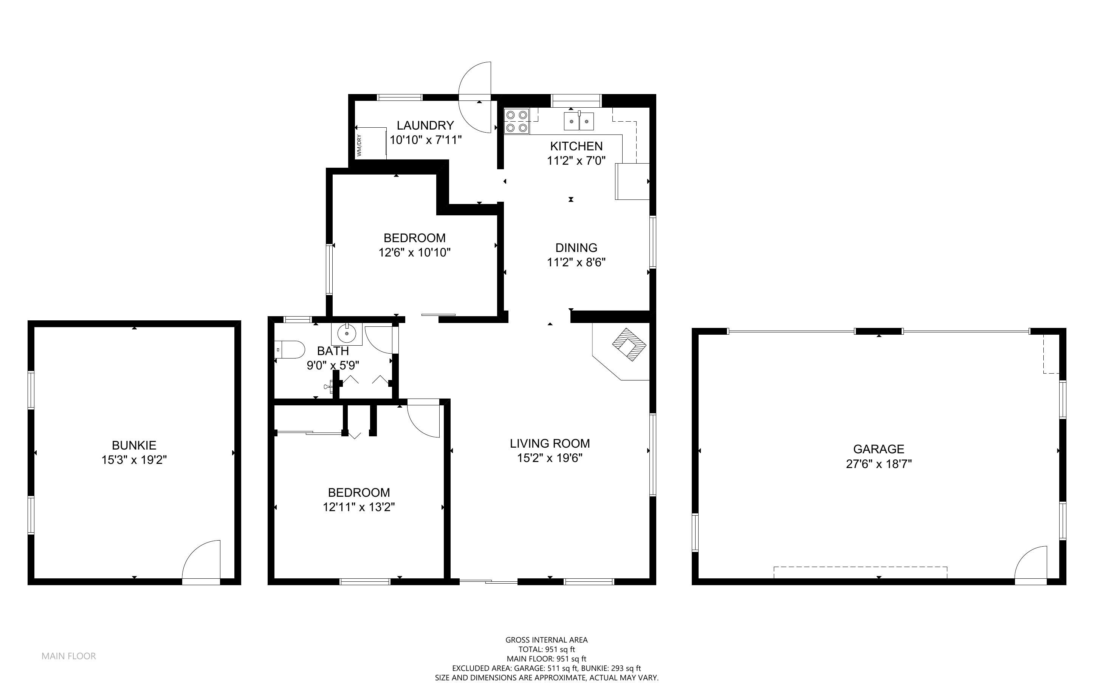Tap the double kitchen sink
click(579, 121)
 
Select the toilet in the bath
click(290, 350)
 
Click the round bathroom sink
click(347, 334)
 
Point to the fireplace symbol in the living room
click(629, 344)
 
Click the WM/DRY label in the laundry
click(359, 145)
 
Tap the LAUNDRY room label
click(425, 125)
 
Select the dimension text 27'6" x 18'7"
click(879, 464)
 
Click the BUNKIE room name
click(134, 445)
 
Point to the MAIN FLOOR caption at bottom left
click(69, 656)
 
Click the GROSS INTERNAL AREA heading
click(546, 640)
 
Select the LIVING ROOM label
click(550, 443)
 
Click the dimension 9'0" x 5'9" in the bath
click(333, 365)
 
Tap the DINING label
click(576, 247)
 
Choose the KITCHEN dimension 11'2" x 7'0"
click(576, 160)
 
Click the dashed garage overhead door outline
click(860, 572)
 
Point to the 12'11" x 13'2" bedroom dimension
click(359, 507)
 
